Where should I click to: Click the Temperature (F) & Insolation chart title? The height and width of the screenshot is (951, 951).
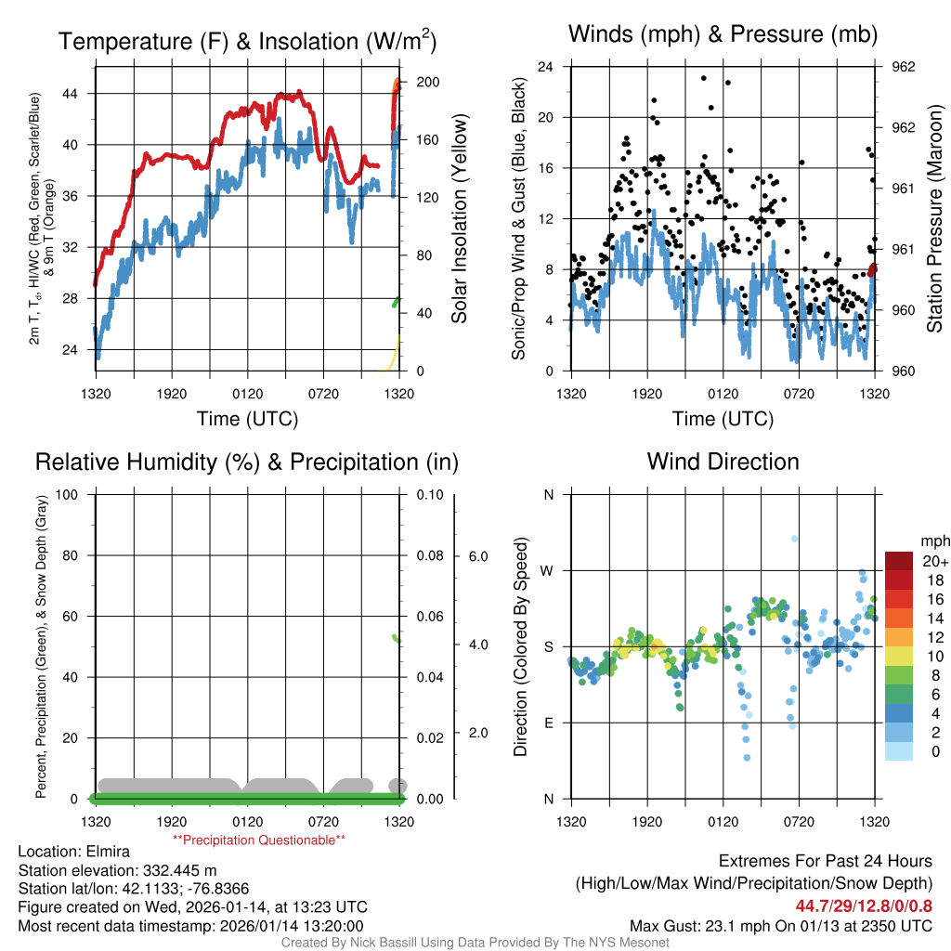tap(248, 41)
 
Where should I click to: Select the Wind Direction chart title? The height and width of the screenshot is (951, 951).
tap(723, 462)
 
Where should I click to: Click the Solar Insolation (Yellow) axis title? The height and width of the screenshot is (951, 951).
tap(460, 219)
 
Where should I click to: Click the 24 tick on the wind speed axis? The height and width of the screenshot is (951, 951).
tap(546, 67)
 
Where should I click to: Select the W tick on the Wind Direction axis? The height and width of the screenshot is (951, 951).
tap(548, 570)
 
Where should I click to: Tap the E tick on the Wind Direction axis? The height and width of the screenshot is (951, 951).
tap(548, 723)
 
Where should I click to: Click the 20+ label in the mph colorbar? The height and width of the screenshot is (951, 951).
tap(933, 561)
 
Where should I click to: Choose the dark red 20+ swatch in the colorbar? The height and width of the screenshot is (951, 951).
tap(899, 561)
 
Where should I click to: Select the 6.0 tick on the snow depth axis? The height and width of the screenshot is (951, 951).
tap(477, 556)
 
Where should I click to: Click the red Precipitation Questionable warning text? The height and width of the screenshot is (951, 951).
tap(259, 840)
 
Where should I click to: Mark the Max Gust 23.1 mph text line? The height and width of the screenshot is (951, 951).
tap(781, 925)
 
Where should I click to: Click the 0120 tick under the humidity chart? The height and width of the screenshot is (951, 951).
tap(247, 822)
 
